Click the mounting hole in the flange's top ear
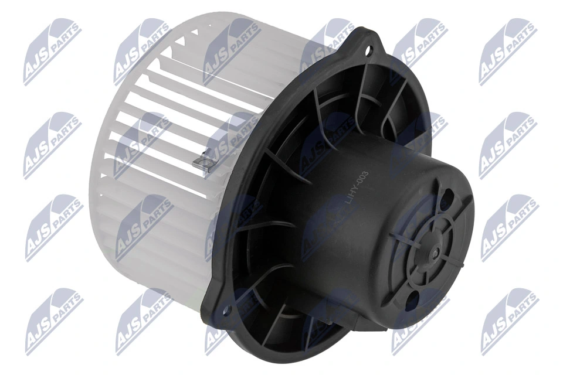tap(369, 51)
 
